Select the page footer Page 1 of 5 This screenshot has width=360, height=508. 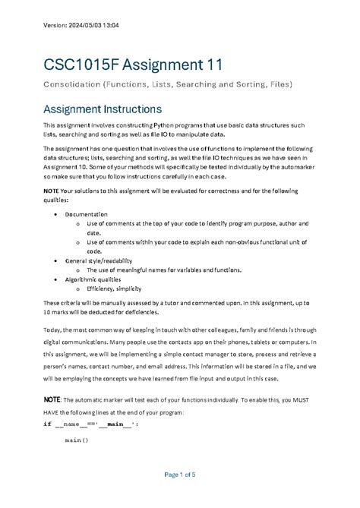pyautogui.click(x=179, y=475)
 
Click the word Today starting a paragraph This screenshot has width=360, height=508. pyautogui.click(x=53, y=332)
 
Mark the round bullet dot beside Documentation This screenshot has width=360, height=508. pyautogui.click(x=58, y=215)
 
